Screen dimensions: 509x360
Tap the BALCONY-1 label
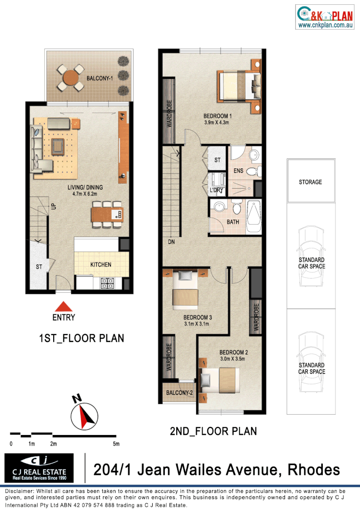pos(99,79)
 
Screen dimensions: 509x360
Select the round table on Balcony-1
pos(70,77)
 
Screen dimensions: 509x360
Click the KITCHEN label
pos(101,265)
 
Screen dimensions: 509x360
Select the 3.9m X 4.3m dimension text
pos(216,123)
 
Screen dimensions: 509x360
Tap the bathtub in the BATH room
pos(254,218)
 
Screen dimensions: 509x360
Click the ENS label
pos(238,171)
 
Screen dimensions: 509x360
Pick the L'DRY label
pos(216,190)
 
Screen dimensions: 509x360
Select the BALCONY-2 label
pos(177,393)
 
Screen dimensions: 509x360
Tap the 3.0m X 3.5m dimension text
pos(233,359)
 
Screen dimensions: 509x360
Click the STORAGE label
pos(311,182)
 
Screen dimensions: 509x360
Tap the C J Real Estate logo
pos(39,468)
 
